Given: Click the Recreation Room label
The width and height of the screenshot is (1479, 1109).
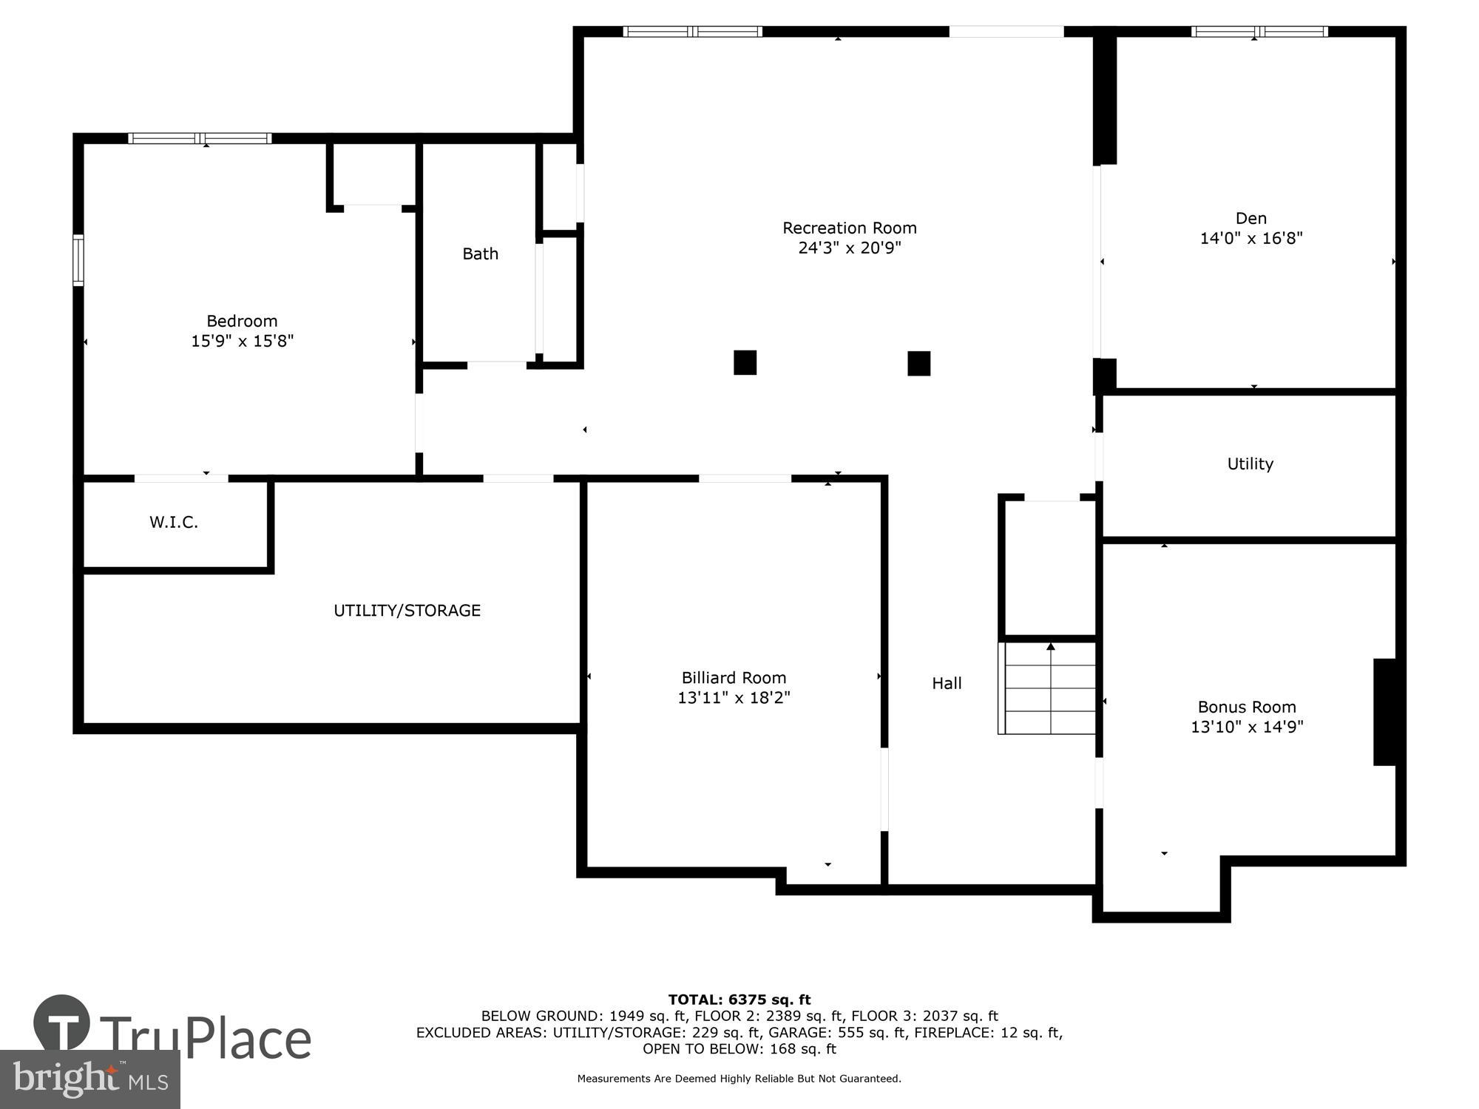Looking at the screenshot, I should click(849, 228).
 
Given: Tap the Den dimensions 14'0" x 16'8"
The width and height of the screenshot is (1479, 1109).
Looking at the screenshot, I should click(1250, 238).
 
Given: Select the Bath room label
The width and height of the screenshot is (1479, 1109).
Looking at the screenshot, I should click(480, 254).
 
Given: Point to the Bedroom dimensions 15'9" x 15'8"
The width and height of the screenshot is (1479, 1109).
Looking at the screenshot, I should click(242, 341).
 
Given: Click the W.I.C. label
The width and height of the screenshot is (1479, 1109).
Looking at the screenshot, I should click(174, 522).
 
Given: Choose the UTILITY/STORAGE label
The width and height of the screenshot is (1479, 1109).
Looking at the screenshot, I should click(407, 610).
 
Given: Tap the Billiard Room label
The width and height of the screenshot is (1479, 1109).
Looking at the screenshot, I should click(734, 677).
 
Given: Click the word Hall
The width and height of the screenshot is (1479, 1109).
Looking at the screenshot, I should click(947, 683).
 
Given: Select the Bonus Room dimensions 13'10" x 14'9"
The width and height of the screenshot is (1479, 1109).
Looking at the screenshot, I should click(1246, 727).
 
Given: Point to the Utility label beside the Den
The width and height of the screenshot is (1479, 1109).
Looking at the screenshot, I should click(1250, 464).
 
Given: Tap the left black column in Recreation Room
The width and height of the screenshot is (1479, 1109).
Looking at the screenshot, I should click(745, 362).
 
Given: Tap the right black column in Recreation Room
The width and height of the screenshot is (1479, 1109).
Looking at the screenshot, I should click(918, 363).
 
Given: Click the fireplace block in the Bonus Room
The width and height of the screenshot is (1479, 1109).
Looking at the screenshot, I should click(1384, 711).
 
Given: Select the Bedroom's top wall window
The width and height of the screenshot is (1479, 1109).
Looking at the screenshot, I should click(200, 138).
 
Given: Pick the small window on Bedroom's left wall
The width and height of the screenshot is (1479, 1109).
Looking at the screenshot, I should click(78, 260).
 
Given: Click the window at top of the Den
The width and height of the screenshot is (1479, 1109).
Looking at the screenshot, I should click(1259, 32).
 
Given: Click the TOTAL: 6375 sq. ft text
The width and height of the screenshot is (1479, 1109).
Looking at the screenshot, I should click(739, 1000).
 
